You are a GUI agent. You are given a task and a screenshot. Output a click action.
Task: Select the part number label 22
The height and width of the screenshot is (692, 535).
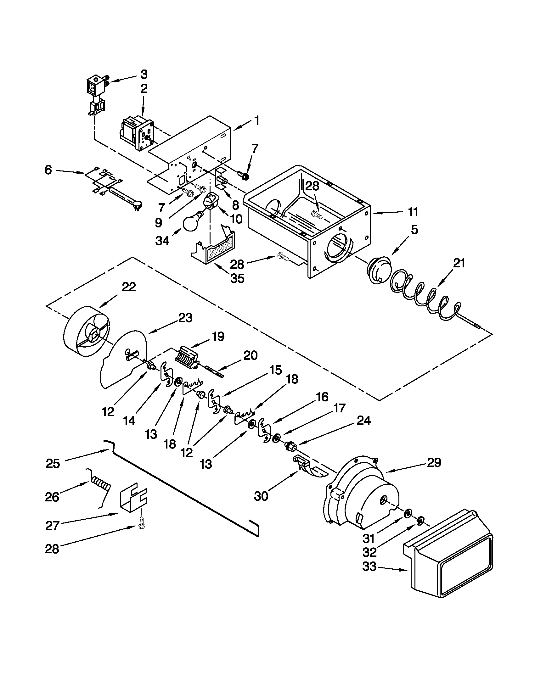tap(129, 287)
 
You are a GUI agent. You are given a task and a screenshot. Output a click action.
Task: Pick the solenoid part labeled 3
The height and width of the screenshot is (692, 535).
tap(96, 93)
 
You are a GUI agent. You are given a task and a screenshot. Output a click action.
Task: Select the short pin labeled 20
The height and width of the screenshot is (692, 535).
tap(215, 372)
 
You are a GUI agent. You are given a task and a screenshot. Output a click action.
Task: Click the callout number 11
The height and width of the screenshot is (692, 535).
tap(413, 212)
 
